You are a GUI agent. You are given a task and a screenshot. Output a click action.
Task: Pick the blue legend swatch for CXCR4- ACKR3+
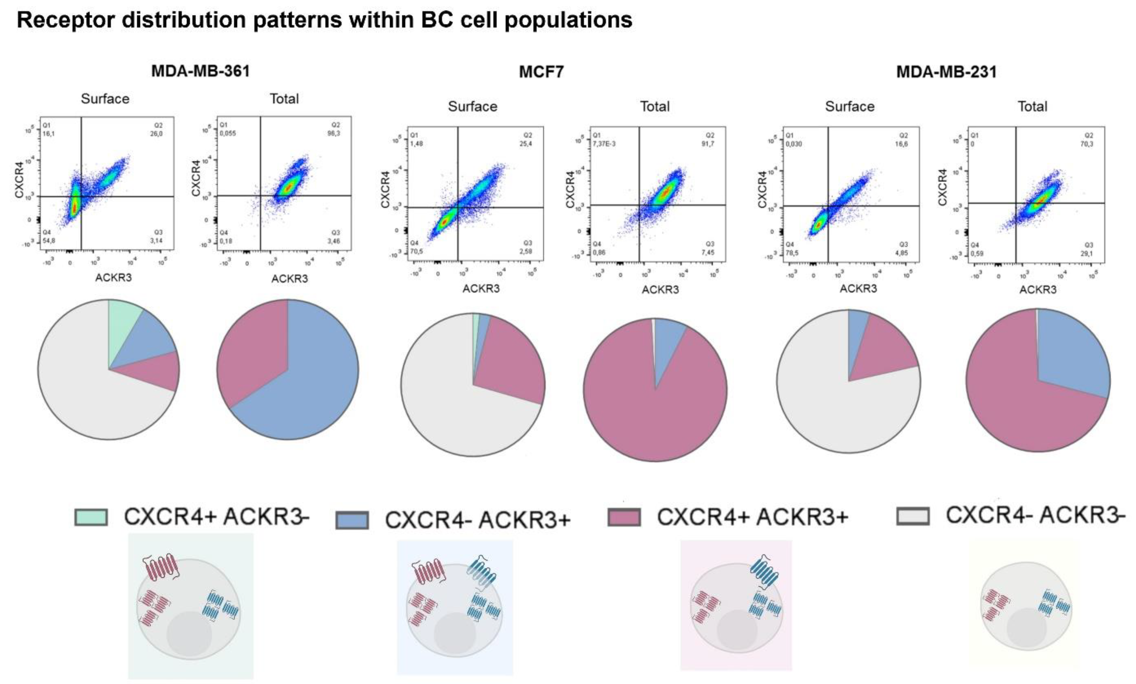point(352,520)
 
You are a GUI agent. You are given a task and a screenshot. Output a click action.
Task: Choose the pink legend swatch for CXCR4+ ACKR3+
point(624,517)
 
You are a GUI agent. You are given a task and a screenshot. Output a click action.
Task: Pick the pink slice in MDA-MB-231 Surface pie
point(880,355)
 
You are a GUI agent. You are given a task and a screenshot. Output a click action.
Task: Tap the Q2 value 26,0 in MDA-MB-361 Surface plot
point(157,134)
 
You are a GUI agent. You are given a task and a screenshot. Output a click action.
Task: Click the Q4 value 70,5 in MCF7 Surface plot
point(416,252)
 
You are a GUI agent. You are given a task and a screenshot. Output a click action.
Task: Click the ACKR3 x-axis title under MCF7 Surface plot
point(481,288)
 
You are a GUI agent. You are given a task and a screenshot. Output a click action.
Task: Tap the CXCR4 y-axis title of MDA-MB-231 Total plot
point(942,187)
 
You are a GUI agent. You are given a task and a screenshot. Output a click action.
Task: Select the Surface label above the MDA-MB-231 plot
point(849,107)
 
